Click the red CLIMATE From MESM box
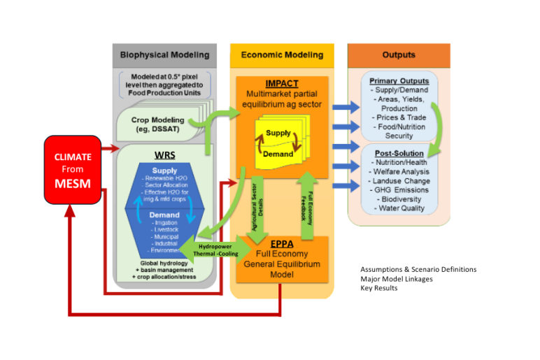tap(73, 170)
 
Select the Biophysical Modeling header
tap(164, 55)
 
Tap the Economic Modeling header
tap(282, 55)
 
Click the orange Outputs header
tap(398, 55)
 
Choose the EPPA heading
tap(281, 245)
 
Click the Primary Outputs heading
tap(399, 81)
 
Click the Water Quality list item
tap(399, 208)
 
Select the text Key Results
tap(378, 287)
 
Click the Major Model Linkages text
tap(396, 278)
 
